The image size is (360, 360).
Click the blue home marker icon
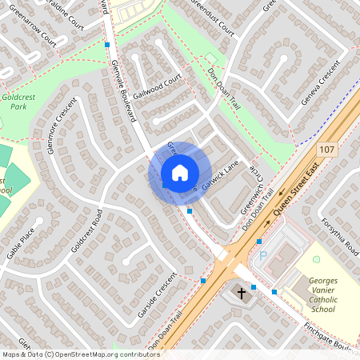pos(180,173)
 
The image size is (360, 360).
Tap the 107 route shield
pos(326,150)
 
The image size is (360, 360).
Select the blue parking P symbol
pos(262,256)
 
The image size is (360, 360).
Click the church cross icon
pos(242,294)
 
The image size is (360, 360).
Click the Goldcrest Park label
pos(15,102)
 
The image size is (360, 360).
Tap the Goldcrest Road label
pos(87,231)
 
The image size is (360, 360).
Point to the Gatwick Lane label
pos(221,177)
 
